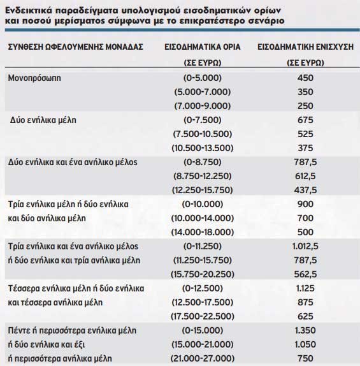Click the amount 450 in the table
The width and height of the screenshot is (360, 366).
coord(306,78)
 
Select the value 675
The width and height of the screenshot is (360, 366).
coord(306,120)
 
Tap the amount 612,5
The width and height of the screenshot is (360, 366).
coord(306,175)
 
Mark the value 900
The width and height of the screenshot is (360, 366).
coord(306,203)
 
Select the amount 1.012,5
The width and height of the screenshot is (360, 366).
coord(306,245)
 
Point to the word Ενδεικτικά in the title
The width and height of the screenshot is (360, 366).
coord(30,9)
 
